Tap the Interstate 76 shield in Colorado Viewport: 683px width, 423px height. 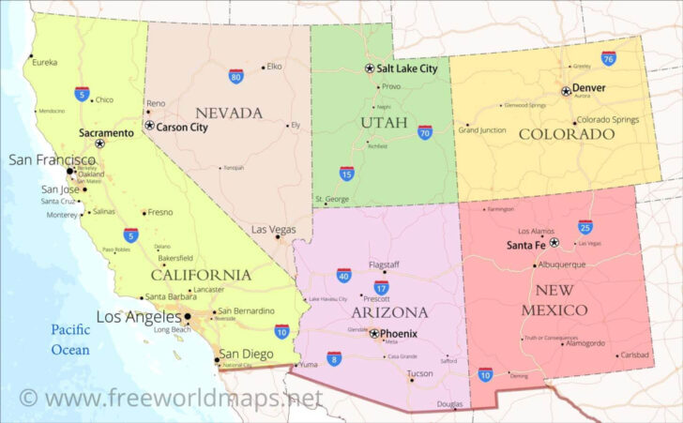pyautogui.click(x=609, y=58)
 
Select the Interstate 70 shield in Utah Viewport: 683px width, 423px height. pyautogui.click(x=425, y=132)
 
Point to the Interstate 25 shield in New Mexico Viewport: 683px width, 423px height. pyautogui.click(x=585, y=226)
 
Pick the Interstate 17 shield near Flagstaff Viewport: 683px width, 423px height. pyautogui.click(x=381, y=287)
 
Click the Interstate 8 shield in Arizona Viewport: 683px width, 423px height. pyautogui.click(x=334, y=357)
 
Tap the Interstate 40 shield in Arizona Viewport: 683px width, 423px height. pyautogui.click(x=344, y=275)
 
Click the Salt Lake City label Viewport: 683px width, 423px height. pyautogui.click(x=407, y=68)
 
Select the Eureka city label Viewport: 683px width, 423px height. pyautogui.click(x=44, y=63)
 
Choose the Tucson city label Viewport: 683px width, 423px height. pyautogui.click(x=421, y=372)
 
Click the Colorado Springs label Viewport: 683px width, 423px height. pyautogui.click(x=607, y=120)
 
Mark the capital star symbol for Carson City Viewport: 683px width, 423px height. pyautogui.click(x=149, y=125)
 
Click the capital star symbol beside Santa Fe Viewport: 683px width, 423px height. pyautogui.click(x=554, y=243)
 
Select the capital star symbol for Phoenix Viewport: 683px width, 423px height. pyautogui.click(x=374, y=333)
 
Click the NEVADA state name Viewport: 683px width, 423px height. pyautogui.click(x=228, y=113)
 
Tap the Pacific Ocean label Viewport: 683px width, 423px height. pyautogui.click(x=70, y=340)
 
